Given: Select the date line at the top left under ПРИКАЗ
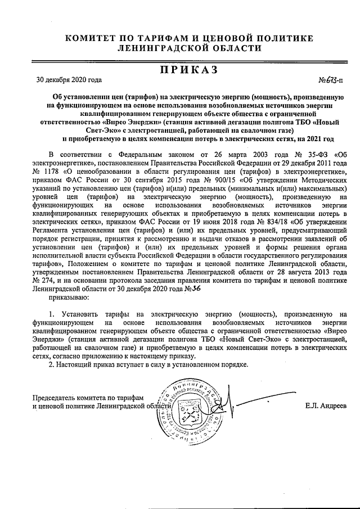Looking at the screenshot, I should (69, 79).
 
